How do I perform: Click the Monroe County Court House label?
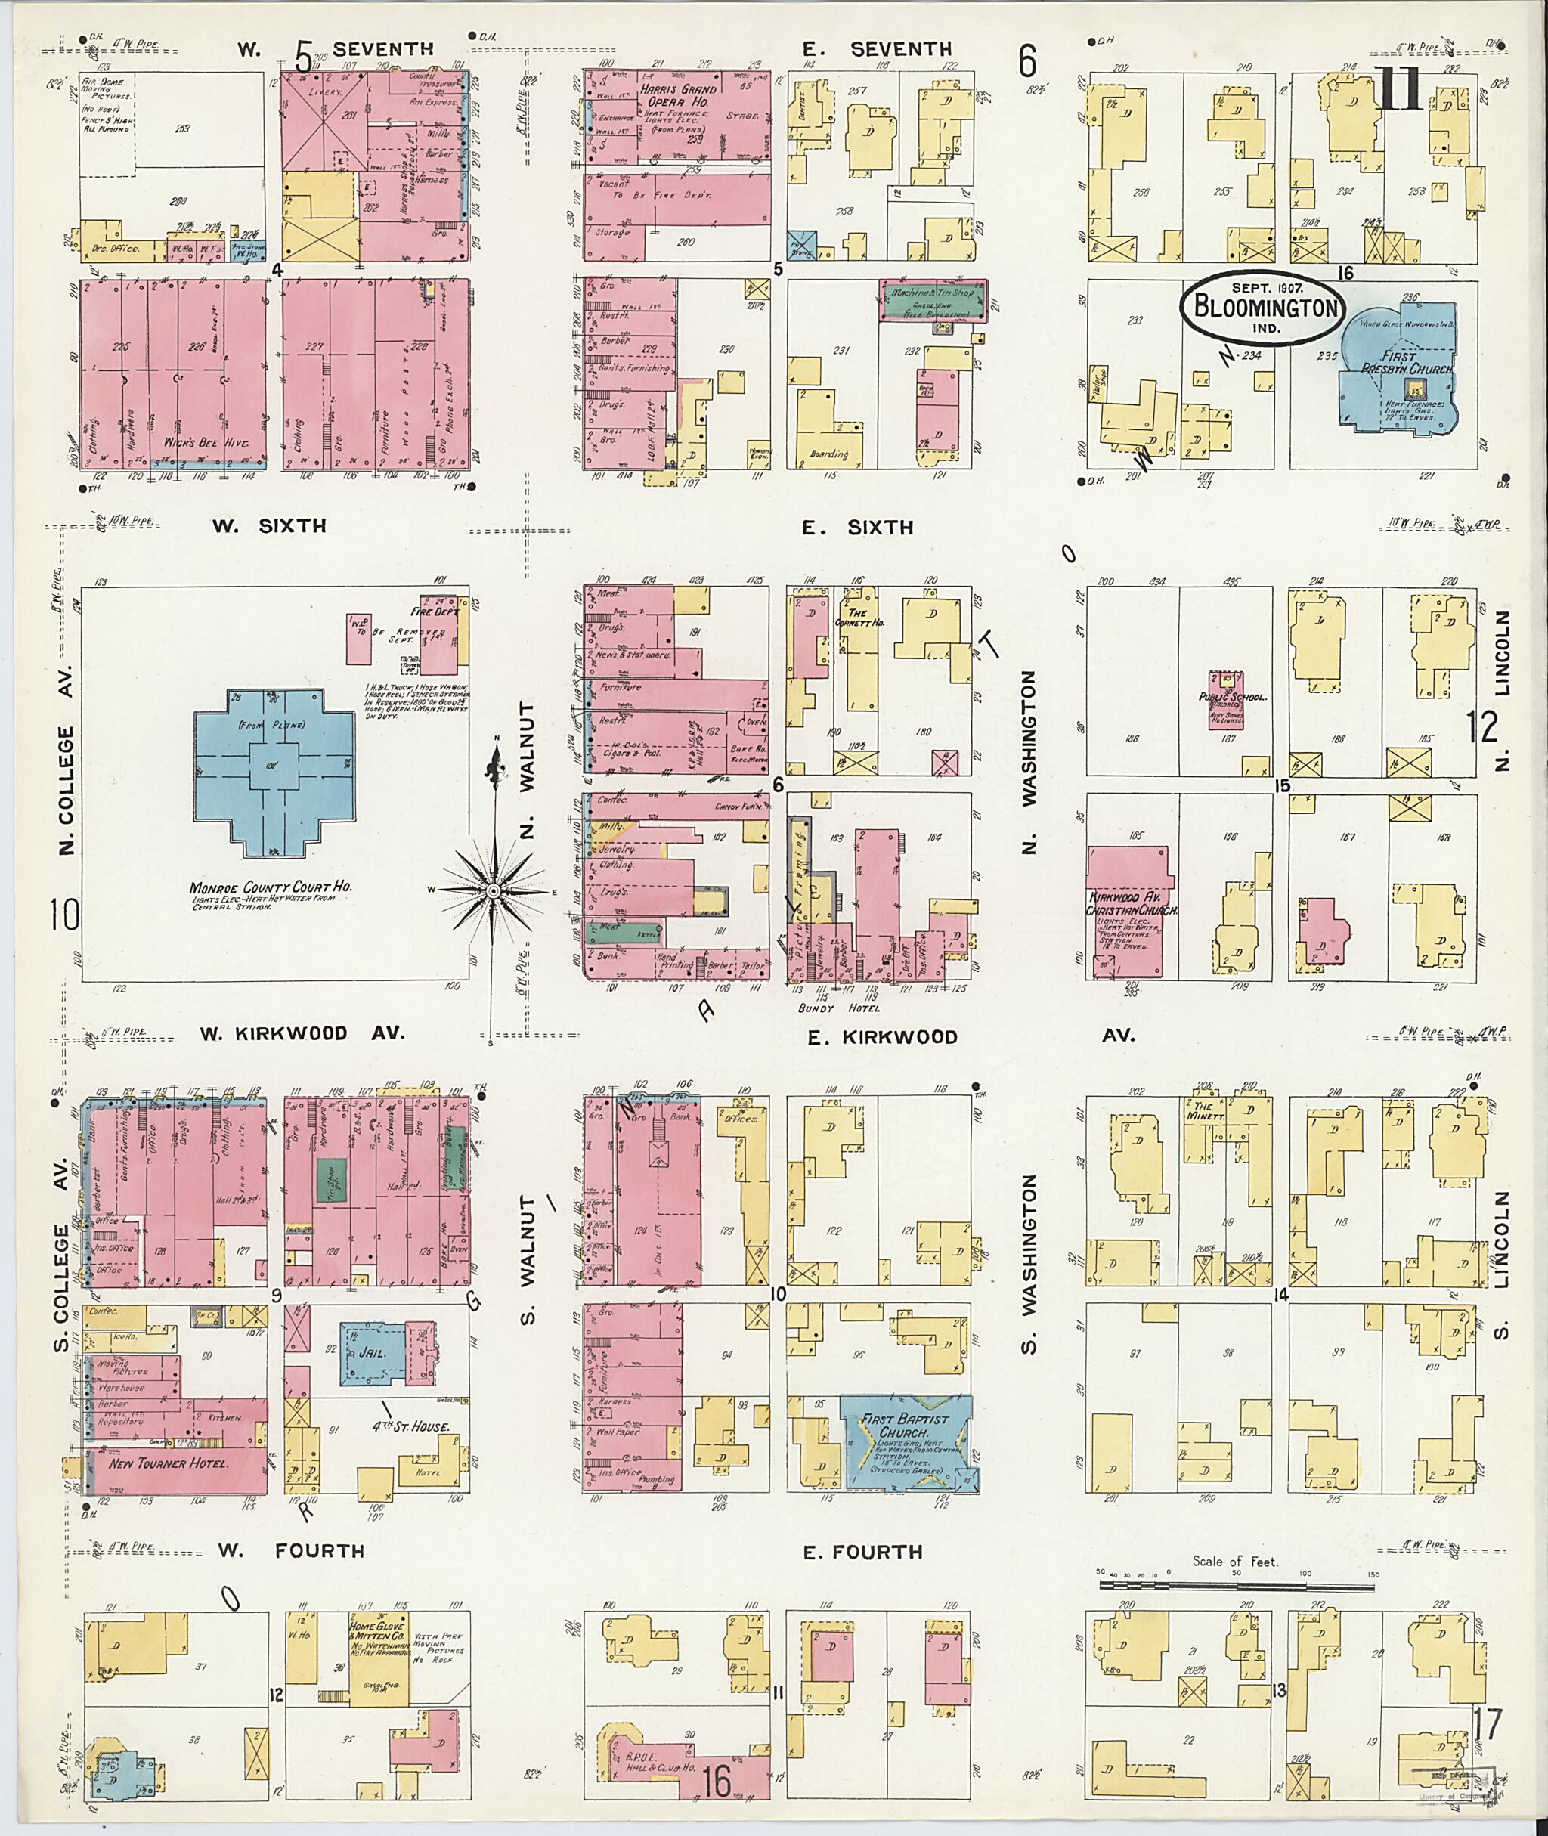[271, 887]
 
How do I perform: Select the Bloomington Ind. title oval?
[1261, 306]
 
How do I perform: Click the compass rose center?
[493, 891]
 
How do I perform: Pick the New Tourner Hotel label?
[169, 1464]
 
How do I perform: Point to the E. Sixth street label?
[857, 527]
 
